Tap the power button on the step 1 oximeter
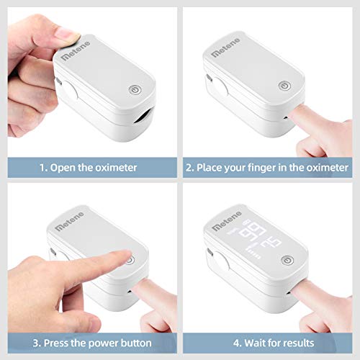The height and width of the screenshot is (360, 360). click(135, 91)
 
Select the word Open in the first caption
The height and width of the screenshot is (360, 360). click(63, 167)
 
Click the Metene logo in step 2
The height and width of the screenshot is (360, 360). click(231, 53)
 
